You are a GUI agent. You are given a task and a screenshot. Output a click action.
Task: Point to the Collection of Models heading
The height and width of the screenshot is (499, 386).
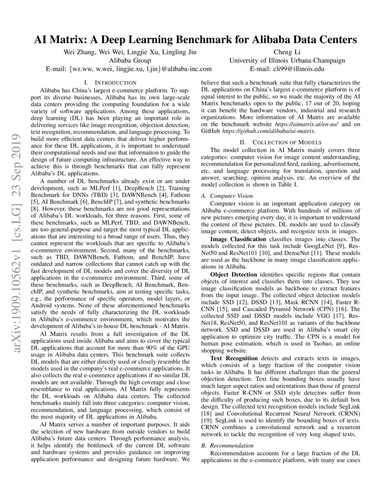(281, 142)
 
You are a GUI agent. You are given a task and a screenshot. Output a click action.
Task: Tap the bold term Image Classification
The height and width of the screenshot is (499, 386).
(238, 239)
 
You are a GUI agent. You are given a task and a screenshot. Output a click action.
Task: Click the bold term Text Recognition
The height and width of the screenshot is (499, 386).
(234, 359)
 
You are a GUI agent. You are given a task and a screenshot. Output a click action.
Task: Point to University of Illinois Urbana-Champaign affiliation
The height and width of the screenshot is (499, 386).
(287, 61)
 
